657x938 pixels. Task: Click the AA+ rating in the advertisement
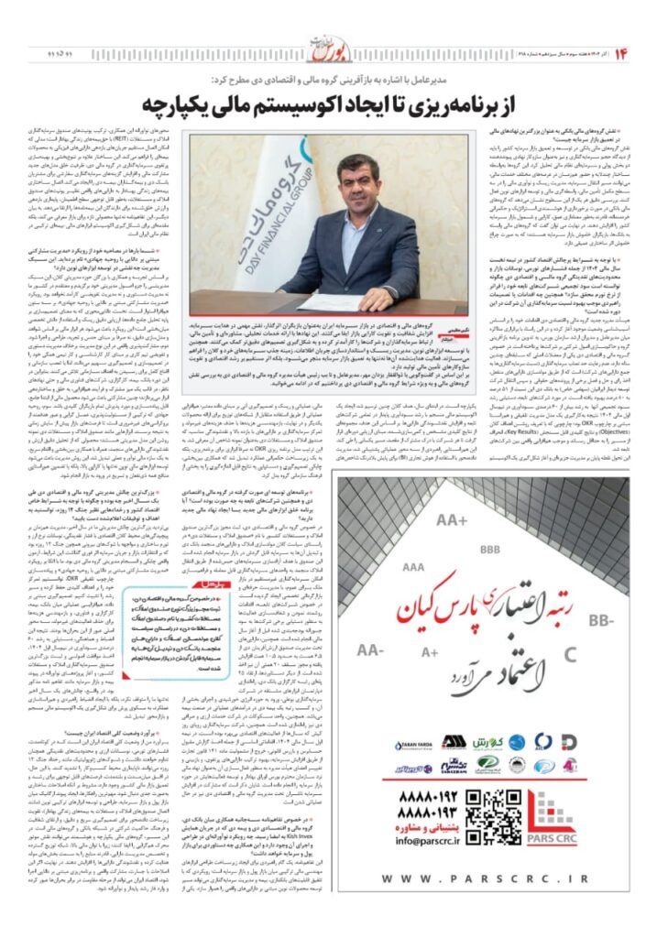tap(452, 520)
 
